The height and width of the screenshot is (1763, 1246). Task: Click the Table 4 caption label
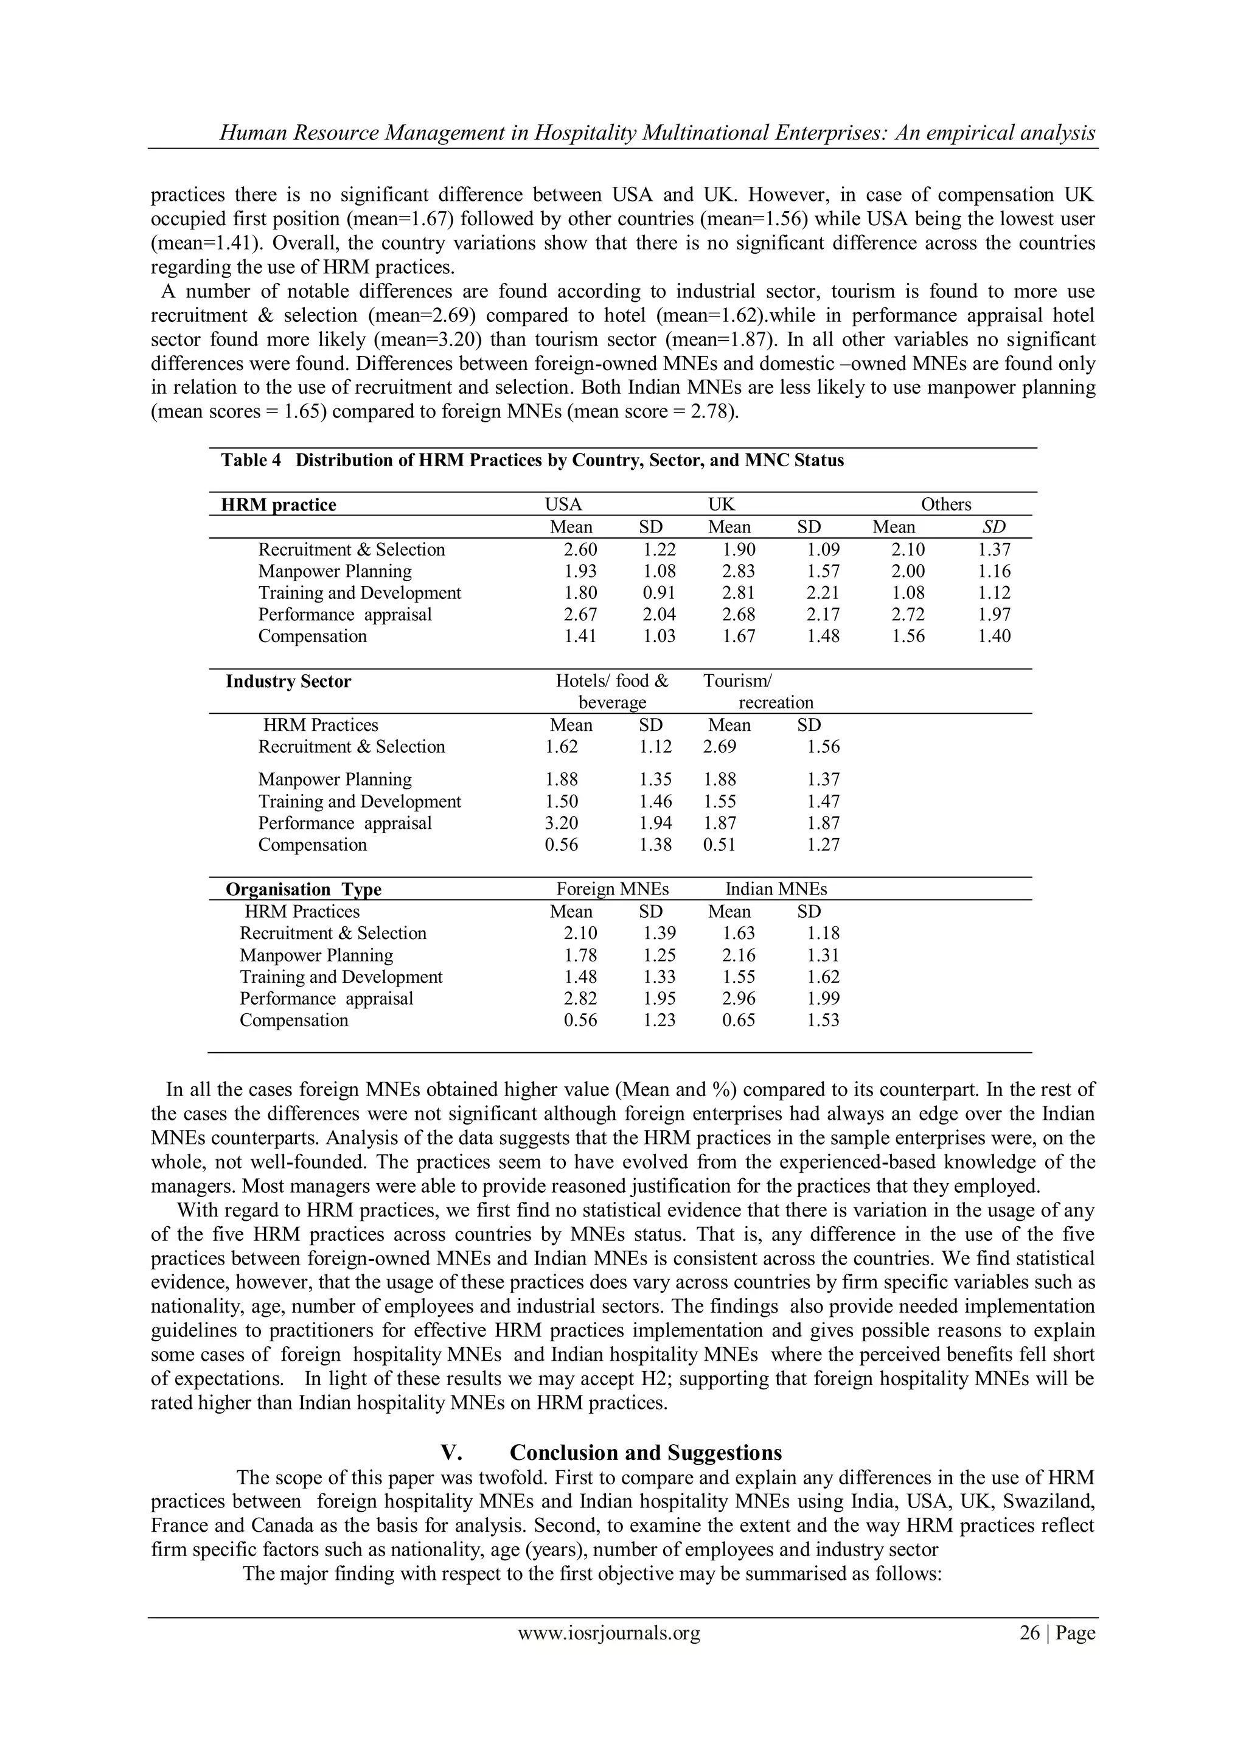pos(251,460)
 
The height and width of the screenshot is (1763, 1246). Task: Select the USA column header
pos(563,504)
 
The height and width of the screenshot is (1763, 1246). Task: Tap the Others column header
pos(946,504)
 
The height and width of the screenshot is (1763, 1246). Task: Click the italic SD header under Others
pos(994,527)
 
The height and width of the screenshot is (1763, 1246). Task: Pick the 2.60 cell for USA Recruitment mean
pos(580,550)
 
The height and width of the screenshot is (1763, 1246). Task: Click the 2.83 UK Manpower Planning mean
pos(738,571)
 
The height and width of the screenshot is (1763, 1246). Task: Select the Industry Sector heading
pos(288,682)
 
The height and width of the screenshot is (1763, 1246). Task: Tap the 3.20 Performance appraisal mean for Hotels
pos(561,823)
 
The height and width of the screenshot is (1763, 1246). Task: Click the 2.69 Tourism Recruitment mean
pos(719,747)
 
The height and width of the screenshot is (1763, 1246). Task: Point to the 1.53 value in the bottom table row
pos(823,1021)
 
